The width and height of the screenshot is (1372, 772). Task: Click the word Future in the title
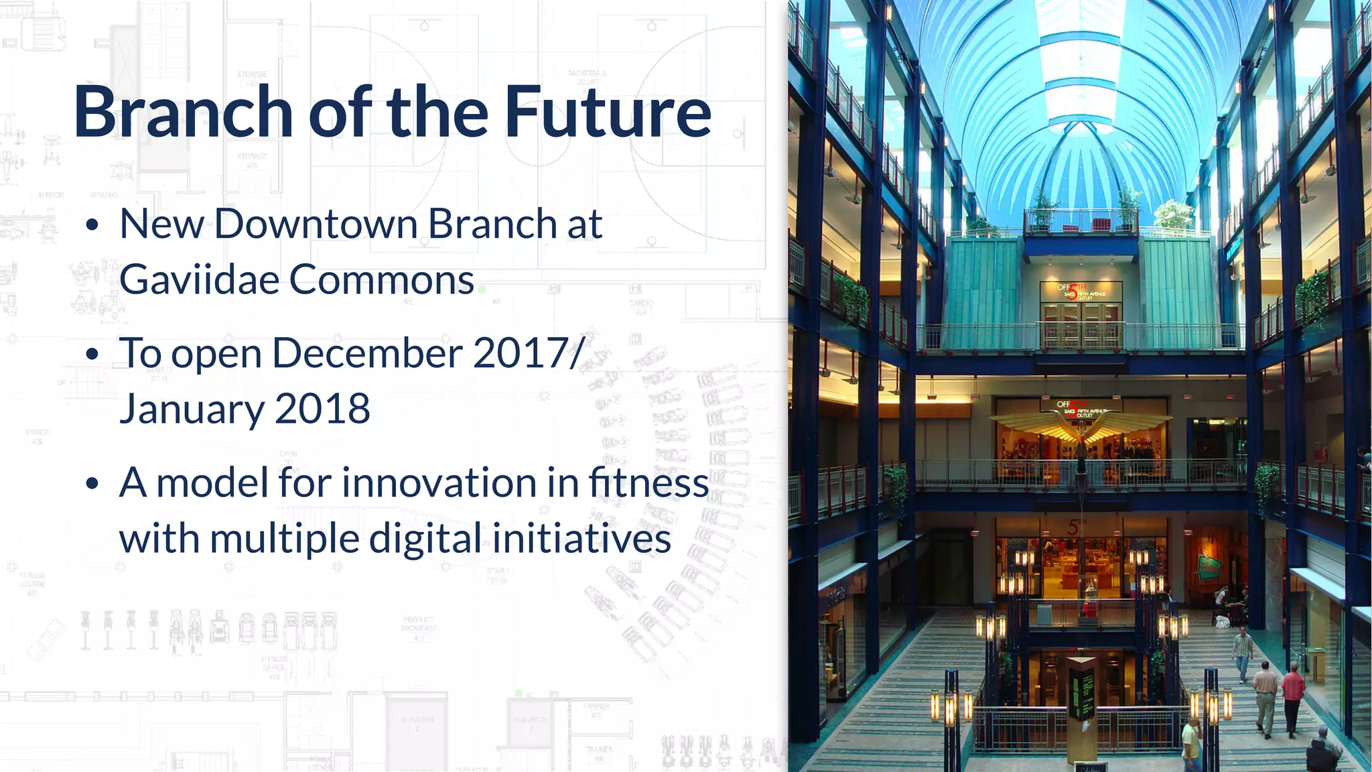pos(608,113)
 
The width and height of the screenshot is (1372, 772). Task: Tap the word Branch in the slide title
pos(182,113)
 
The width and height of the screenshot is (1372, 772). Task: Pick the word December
pos(367,353)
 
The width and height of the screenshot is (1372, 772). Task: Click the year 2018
pos(322,409)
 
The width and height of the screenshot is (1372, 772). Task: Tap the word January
pos(190,410)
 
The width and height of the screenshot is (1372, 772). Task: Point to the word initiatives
pos(581,539)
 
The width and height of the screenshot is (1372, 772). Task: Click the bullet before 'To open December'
pos(92,354)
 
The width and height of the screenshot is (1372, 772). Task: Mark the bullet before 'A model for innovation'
pos(92,483)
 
